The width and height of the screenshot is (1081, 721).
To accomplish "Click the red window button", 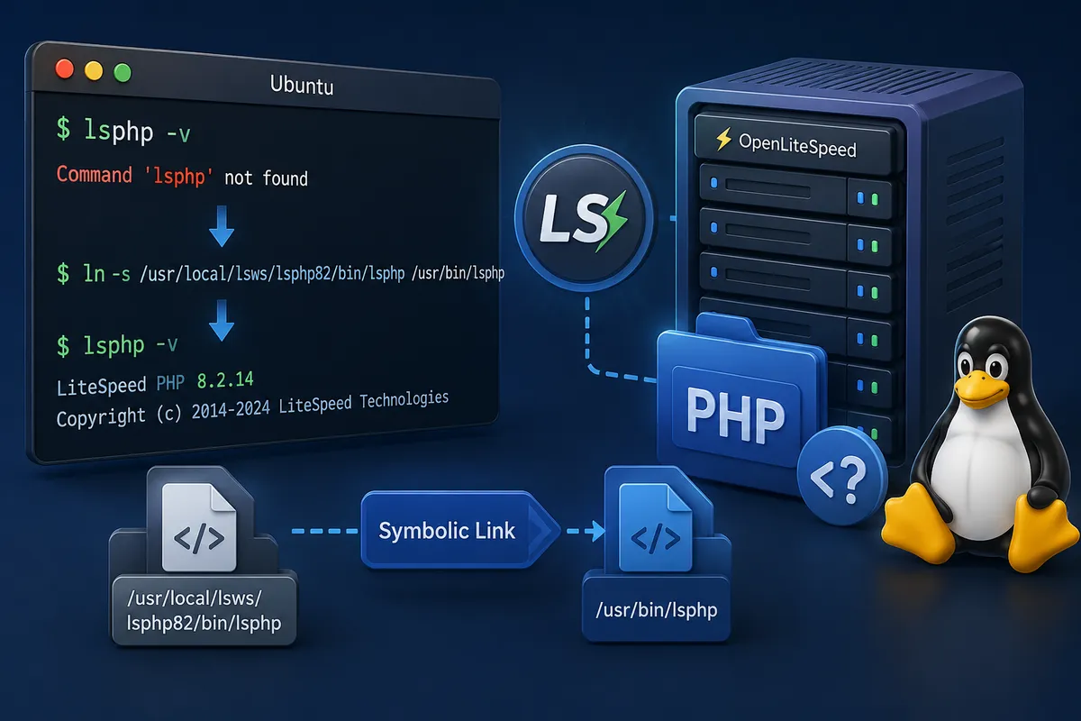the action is [x=65, y=69].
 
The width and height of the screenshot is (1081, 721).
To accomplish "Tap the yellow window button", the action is [x=94, y=71].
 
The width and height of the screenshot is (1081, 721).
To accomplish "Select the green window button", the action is [x=123, y=73].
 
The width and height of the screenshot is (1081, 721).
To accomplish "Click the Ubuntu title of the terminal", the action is [x=302, y=85].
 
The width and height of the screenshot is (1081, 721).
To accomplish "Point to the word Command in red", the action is [x=94, y=174].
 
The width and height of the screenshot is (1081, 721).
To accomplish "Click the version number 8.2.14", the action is [x=225, y=380].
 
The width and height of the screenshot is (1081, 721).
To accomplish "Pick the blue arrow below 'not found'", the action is [x=222, y=226].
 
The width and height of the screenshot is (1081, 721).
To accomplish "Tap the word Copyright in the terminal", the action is [x=101, y=417].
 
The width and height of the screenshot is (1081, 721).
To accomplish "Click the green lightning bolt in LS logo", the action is [x=612, y=221].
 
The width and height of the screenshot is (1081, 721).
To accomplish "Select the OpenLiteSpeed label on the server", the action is [x=798, y=145].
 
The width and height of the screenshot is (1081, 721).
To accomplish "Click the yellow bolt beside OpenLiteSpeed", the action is [x=723, y=139].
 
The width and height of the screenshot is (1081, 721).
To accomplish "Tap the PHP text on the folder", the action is [x=735, y=415].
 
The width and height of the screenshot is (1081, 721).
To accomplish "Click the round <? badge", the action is [x=842, y=475].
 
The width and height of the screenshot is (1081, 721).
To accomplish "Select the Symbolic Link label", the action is [x=447, y=531].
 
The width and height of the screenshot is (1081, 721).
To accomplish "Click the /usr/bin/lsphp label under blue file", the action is [x=657, y=609].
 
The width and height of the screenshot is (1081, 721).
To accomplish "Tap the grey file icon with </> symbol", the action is [x=199, y=527].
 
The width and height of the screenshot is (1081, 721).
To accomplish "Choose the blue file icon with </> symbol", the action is [x=656, y=528].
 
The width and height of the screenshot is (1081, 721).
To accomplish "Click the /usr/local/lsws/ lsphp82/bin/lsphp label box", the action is [x=204, y=610].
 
